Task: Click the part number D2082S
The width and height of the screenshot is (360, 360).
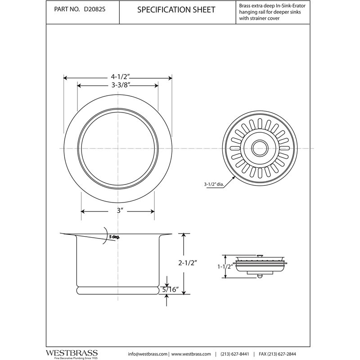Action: pyautogui.click(x=94, y=9)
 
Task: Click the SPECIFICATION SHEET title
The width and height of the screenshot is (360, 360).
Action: pyautogui.click(x=176, y=9)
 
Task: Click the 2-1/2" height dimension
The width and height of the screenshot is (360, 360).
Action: pyautogui.click(x=188, y=263)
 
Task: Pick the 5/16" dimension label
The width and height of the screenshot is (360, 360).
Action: pyautogui.click(x=171, y=289)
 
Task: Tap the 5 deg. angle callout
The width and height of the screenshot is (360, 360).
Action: pyautogui.click(x=114, y=237)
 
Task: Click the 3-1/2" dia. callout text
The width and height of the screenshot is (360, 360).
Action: pyautogui.click(x=214, y=184)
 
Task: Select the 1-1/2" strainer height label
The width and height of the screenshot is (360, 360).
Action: pyautogui.click(x=225, y=266)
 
